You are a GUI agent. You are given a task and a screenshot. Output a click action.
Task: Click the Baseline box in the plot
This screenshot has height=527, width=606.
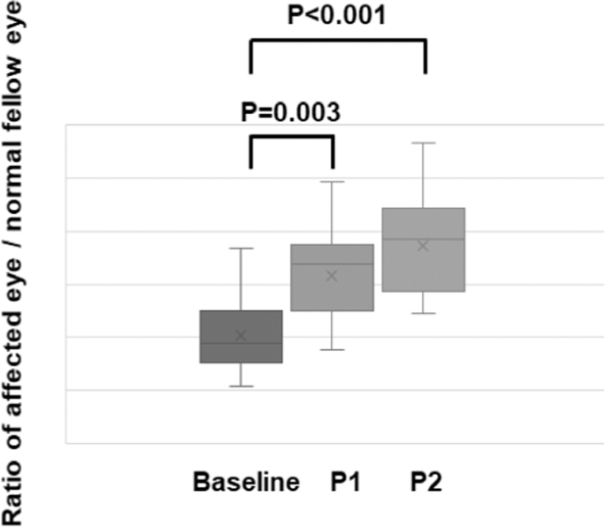click(x=241, y=336)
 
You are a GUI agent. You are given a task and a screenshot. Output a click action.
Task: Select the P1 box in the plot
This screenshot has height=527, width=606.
click(x=333, y=278)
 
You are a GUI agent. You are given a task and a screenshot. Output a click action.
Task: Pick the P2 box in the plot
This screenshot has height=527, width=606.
click(x=424, y=249)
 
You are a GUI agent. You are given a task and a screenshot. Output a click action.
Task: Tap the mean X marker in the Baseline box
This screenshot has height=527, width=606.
click(x=241, y=336)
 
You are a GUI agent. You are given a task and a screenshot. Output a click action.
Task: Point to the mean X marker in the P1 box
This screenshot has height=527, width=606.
click(x=333, y=276)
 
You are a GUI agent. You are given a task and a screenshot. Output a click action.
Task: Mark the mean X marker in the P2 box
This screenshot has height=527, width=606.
click(x=424, y=246)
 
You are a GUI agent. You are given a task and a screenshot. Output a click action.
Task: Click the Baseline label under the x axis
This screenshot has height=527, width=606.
click(x=245, y=483)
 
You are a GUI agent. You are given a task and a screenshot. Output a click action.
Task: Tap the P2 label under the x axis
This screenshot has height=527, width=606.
click(x=425, y=483)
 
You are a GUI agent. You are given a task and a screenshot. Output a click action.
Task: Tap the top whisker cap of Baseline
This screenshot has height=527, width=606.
click(x=241, y=248)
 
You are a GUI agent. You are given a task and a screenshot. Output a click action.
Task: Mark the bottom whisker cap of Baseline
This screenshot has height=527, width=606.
click(x=241, y=386)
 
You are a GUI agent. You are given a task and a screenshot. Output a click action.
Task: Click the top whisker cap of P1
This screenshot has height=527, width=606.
click(x=333, y=181)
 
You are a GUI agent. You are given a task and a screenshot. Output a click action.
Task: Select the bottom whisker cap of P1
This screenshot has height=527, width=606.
click(x=333, y=349)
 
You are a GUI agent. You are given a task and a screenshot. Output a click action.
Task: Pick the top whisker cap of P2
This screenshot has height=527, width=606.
click(x=424, y=142)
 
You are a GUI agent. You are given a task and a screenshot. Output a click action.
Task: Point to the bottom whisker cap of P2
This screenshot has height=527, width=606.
click(x=424, y=313)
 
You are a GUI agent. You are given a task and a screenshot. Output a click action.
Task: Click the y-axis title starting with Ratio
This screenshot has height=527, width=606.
click(x=18, y=263)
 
